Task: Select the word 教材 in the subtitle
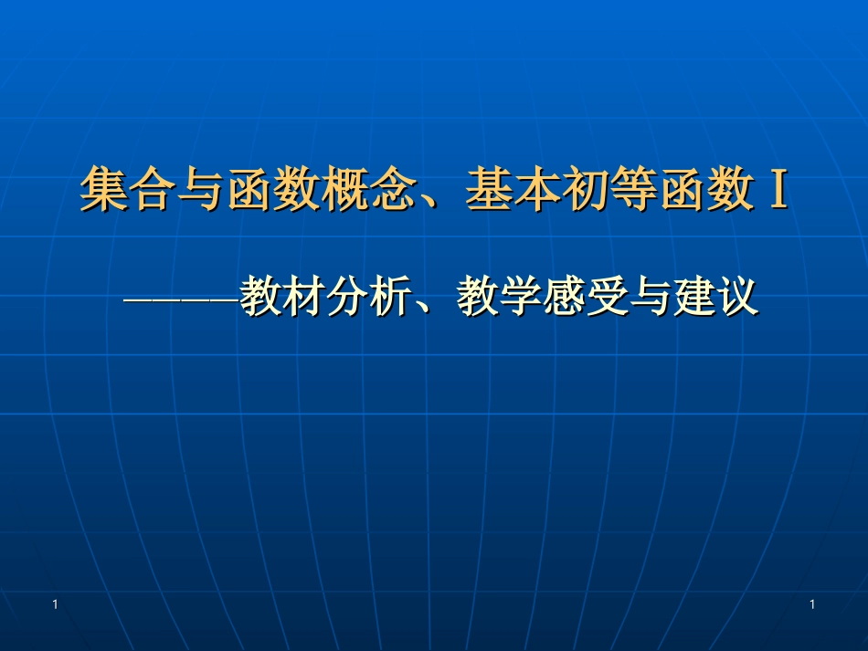(x=281, y=297)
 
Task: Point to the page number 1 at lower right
(x=811, y=604)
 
